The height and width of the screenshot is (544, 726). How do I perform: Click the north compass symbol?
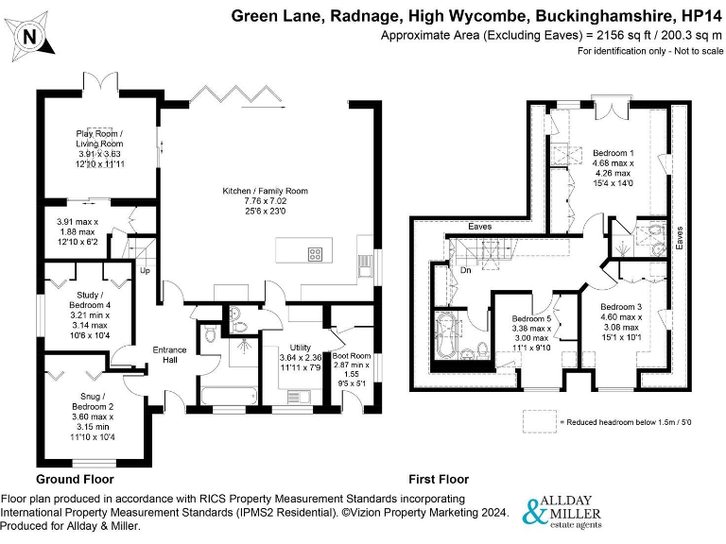(31, 36)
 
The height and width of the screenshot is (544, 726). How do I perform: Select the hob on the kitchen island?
(315, 252)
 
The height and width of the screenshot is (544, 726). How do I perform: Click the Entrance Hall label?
(170, 355)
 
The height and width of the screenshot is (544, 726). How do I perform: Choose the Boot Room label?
(352, 356)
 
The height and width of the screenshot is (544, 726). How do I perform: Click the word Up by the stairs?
(145, 272)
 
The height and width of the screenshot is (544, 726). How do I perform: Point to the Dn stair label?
(465, 269)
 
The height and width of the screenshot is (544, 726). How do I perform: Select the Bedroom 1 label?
(613, 153)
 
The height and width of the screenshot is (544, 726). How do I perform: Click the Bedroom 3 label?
(621, 307)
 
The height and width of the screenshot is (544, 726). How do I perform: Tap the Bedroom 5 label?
(531, 320)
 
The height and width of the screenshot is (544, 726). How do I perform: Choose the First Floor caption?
(438, 480)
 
